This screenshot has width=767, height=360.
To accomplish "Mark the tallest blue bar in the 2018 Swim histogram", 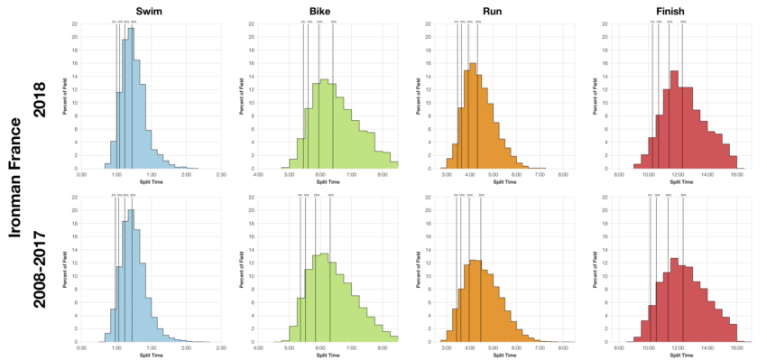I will tap(131, 99).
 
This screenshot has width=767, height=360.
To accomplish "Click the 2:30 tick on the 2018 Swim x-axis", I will tap(221, 174).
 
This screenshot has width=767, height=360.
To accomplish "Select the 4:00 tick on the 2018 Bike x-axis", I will tap(259, 174).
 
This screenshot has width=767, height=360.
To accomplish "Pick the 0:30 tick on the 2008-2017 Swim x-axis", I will tap(81, 347).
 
